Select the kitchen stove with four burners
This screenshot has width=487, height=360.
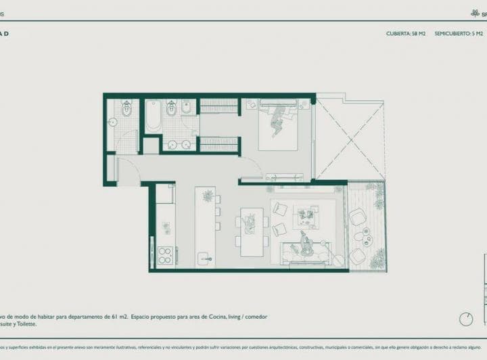(164, 254)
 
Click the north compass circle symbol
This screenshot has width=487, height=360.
(465, 318)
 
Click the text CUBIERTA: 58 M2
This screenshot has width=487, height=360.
(405, 32)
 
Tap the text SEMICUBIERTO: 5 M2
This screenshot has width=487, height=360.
(459, 32)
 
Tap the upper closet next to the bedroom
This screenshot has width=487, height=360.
(218, 106)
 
